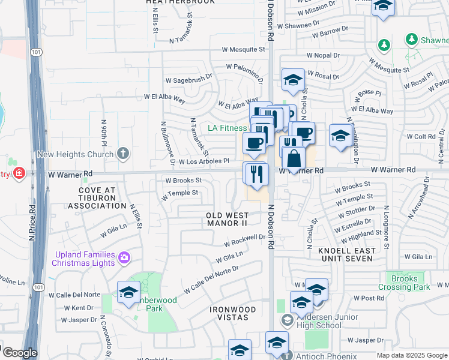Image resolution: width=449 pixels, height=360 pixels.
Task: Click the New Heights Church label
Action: point(75,154)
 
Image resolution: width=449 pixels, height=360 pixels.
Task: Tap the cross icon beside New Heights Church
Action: point(123,154)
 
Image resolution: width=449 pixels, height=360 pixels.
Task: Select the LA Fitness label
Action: point(228,128)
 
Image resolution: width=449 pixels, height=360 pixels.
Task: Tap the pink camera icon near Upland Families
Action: point(124,257)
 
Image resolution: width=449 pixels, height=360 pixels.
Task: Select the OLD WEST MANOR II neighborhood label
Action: point(227,219)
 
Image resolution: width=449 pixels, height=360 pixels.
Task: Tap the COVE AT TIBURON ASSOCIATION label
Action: point(97,197)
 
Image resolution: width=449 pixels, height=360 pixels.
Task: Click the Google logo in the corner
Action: point(20,352)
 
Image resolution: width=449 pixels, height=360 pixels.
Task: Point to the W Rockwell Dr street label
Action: point(245,241)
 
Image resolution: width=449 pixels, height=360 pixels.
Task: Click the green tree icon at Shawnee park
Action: point(412,40)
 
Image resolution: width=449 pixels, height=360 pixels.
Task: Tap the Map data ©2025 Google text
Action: point(411,355)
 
